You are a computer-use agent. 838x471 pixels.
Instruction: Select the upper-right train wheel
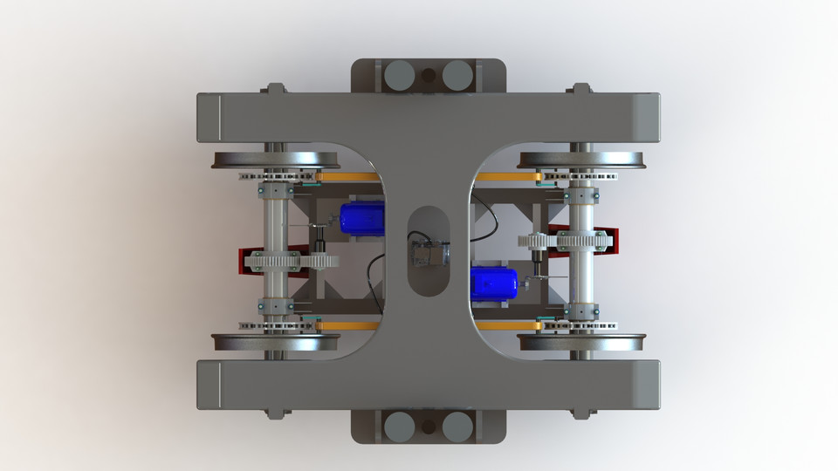582,160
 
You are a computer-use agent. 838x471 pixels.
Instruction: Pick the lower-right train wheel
582,342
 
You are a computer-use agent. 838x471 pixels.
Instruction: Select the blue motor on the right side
494,283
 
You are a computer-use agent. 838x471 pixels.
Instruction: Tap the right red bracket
611,240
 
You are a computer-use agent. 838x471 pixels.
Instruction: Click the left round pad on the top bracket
399,75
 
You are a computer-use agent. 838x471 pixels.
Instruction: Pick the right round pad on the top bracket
456,75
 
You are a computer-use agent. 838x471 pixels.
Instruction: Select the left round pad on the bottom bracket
399,426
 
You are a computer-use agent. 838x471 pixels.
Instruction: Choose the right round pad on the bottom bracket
456,426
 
